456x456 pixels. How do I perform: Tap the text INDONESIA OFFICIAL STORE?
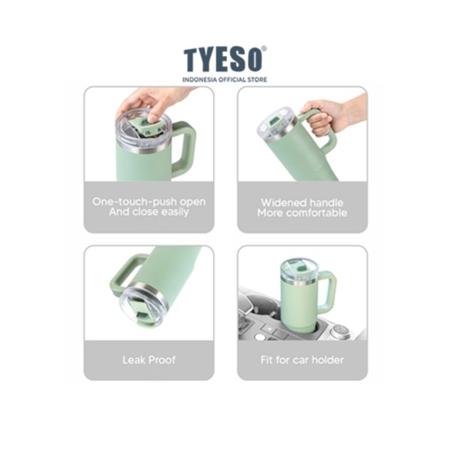(x=224, y=79)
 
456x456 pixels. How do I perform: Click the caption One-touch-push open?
(x=149, y=202)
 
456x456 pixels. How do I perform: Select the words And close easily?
(x=149, y=212)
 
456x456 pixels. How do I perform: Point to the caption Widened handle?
(x=302, y=202)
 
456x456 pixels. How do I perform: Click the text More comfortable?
(x=302, y=212)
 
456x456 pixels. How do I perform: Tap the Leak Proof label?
(x=149, y=360)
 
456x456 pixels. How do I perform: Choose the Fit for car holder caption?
(x=302, y=360)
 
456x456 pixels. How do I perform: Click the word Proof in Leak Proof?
(x=162, y=360)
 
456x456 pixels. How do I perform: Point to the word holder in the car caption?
(x=328, y=360)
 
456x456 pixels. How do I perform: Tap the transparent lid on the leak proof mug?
(x=143, y=308)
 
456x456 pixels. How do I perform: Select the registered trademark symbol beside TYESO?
(x=264, y=49)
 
